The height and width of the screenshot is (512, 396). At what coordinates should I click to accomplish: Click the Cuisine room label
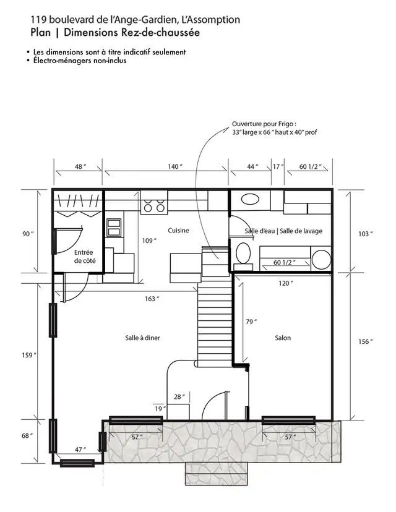point(178,231)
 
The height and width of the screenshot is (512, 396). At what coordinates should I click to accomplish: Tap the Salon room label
point(283,338)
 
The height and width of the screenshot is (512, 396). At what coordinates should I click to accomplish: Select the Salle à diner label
point(142,338)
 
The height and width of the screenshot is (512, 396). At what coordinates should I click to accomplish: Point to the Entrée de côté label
point(84,257)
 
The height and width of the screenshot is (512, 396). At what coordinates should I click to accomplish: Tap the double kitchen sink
point(114,228)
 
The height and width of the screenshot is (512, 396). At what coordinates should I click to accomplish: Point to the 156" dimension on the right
point(366,342)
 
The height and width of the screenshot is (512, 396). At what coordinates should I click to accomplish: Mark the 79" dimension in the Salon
point(251,322)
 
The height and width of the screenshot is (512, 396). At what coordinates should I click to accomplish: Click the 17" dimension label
point(278,167)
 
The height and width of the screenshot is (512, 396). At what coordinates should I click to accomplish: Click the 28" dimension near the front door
point(179,396)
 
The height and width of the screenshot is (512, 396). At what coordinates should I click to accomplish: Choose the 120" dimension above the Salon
point(285,283)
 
